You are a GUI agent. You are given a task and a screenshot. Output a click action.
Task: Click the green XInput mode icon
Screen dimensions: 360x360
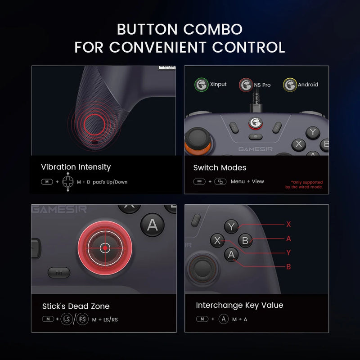[x=201, y=85]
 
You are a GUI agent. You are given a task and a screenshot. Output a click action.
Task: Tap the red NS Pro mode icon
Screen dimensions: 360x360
[x=246, y=85]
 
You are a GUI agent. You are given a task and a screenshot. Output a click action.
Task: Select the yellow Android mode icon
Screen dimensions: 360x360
[x=289, y=85]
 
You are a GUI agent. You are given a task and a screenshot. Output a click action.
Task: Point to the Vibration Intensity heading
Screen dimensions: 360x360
[x=76, y=167]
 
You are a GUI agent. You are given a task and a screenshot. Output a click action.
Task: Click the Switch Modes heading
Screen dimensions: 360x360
[x=220, y=168]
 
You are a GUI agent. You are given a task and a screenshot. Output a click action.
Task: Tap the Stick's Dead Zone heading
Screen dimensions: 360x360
[x=76, y=306]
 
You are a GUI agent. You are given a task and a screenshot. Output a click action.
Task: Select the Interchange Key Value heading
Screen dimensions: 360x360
[x=239, y=306]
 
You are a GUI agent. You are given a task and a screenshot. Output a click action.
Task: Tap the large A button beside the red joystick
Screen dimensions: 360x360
[x=153, y=225]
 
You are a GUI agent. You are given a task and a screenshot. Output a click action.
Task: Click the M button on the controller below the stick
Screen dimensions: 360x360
[x=58, y=273]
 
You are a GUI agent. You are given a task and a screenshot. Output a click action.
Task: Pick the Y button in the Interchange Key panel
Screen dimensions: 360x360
[x=231, y=227]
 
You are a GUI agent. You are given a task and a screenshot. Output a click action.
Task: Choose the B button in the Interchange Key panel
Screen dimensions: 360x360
[x=245, y=240]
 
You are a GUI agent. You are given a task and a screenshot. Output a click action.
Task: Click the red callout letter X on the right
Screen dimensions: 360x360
[x=288, y=224]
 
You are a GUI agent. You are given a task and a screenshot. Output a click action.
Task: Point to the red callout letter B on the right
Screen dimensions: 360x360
[x=288, y=266]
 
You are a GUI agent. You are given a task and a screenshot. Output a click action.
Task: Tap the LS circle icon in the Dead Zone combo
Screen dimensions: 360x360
[x=67, y=319]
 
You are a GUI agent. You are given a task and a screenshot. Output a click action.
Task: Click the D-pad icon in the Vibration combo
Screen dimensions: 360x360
[x=68, y=182]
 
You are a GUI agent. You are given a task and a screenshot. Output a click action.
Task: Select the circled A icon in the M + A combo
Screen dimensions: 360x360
[x=224, y=319]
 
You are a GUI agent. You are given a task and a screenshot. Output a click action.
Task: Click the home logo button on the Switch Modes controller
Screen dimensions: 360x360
[x=256, y=122]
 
